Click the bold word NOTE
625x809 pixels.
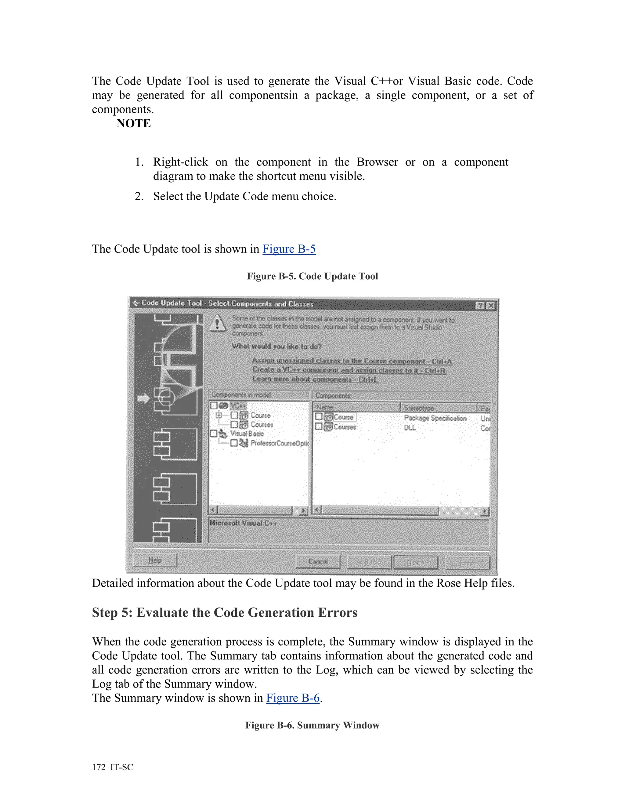click(x=133, y=123)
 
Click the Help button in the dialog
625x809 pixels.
click(x=155, y=560)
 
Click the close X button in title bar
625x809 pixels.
click(x=491, y=306)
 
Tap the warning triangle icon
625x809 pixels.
click(x=217, y=323)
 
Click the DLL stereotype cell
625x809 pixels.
click(x=410, y=427)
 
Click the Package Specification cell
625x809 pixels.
click(x=435, y=418)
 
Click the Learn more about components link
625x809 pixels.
click(x=315, y=379)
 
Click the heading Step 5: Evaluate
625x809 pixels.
click(x=224, y=612)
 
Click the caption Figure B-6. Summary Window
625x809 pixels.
click(x=312, y=725)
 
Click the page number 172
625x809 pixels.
click(x=99, y=767)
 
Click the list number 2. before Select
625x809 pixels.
click(x=139, y=196)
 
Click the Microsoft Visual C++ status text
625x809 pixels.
click(x=243, y=523)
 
